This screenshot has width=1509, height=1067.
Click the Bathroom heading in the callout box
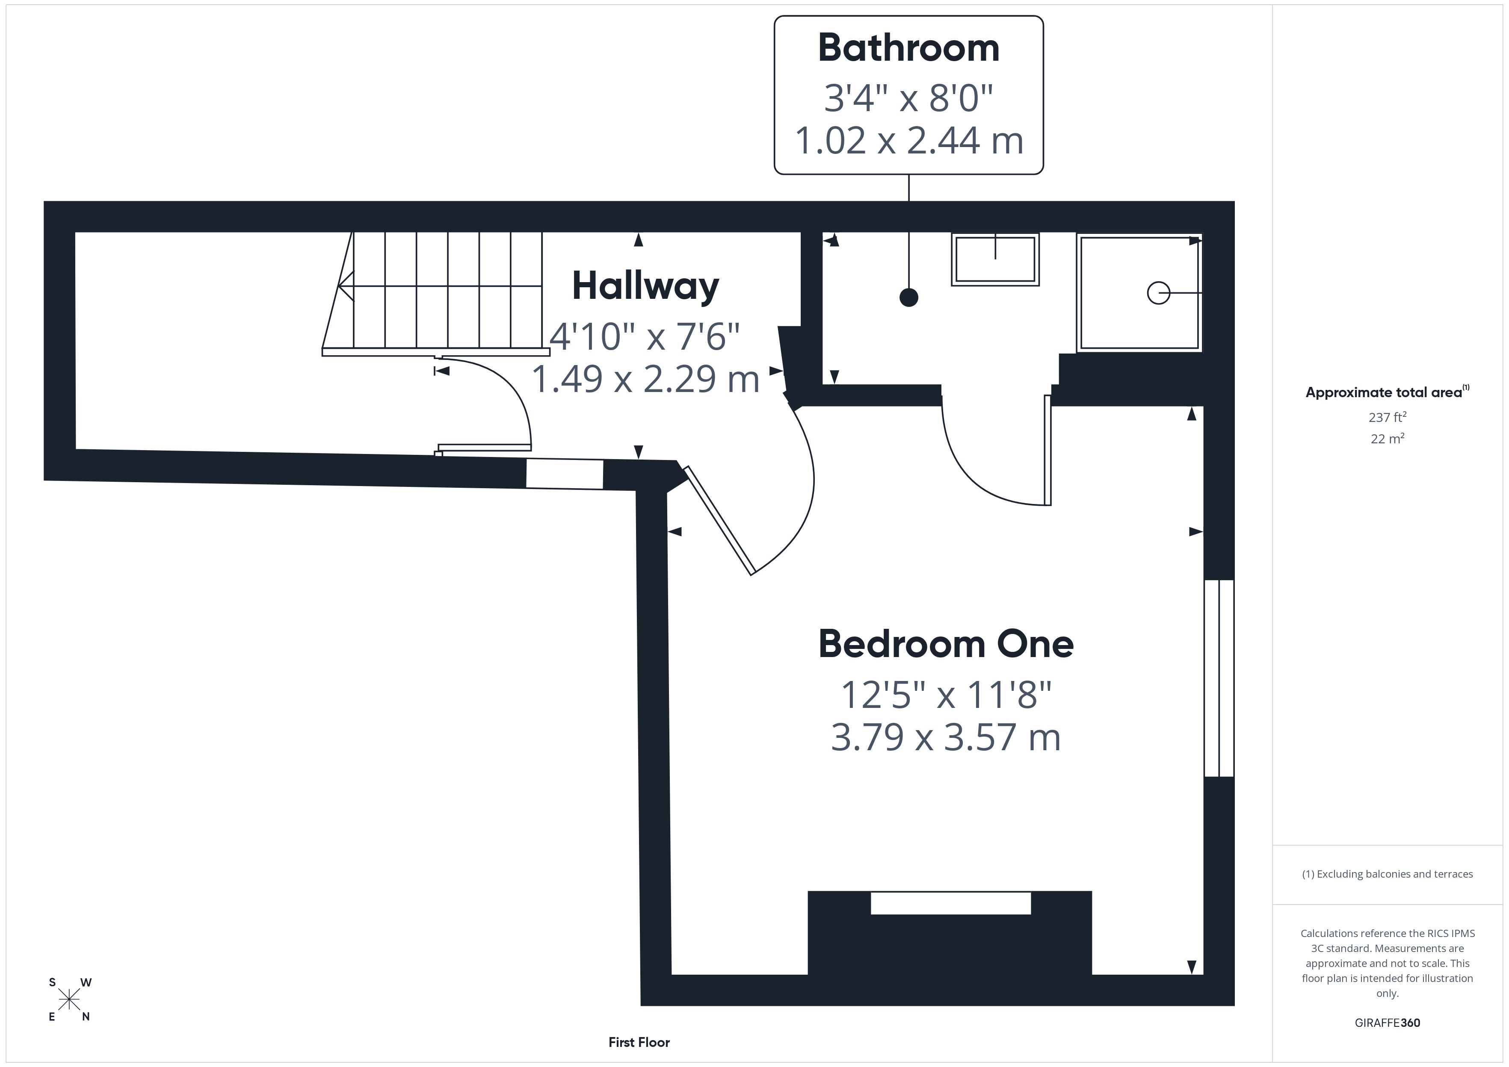(x=908, y=48)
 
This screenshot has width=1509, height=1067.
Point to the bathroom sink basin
(x=995, y=259)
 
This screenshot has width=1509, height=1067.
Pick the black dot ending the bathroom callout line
(x=908, y=298)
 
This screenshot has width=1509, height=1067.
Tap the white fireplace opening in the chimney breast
(x=950, y=903)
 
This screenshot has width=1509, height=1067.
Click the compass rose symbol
(x=69, y=1000)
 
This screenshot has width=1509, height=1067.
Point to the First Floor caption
(x=639, y=1042)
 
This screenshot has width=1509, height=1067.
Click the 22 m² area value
(x=1388, y=438)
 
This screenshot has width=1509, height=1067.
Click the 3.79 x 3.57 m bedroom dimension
(x=946, y=737)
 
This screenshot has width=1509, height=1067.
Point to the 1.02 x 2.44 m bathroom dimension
(x=909, y=141)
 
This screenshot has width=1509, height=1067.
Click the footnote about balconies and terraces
(x=1388, y=874)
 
